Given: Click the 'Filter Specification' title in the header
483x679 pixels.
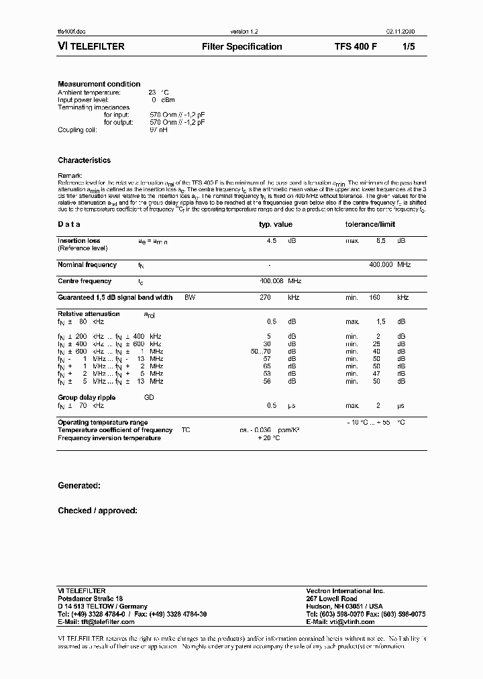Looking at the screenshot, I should (241, 47).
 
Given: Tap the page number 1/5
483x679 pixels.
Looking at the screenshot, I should (409, 47).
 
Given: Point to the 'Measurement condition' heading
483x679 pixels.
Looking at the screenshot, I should (99, 84).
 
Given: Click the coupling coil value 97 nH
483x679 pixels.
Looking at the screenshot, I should (158, 129).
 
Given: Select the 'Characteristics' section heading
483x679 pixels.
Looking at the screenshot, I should (84, 160).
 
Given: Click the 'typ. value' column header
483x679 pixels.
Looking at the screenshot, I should (276, 225).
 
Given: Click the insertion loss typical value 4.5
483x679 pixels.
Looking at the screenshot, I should (271, 240).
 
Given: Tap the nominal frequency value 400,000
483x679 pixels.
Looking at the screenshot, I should (381, 265).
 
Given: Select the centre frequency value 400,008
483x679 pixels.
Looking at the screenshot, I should (272, 281).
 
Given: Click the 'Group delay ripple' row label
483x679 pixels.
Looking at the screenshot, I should (87, 397).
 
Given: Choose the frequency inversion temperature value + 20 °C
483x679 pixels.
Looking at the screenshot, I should (268, 437).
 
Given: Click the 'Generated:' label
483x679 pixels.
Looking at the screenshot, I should (79, 485).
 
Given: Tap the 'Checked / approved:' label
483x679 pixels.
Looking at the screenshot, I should (97, 511).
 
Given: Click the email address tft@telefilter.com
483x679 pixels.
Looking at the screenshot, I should (108, 622).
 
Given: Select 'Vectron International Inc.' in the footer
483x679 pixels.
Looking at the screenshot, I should (345, 591).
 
